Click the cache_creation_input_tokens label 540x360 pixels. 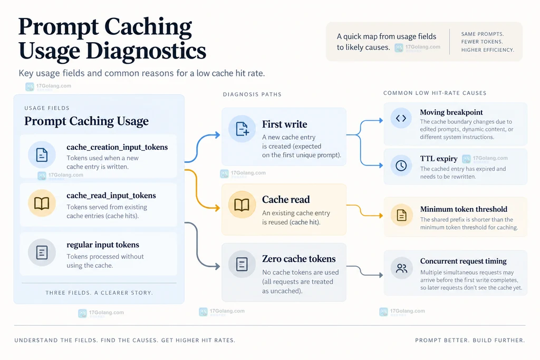click(x=117, y=147)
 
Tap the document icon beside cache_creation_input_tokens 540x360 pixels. click(x=42, y=155)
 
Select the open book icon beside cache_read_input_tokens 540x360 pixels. click(x=42, y=203)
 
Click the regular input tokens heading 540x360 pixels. click(x=103, y=245)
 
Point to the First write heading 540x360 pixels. click(x=284, y=124)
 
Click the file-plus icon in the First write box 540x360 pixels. click(x=242, y=129)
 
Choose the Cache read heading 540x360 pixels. click(x=286, y=199)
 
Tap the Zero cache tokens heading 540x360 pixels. click(x=299, y=259)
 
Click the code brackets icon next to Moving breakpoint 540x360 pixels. click(x=401, y=119)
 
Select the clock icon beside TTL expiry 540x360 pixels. click(x=401, y=166)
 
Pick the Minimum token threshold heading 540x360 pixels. click(x=464, y=209)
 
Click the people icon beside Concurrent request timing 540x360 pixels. click(x=401, y=268)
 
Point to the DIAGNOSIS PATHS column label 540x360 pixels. click(x=252, y=94)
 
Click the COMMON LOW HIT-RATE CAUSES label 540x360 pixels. click(x=435, y=93)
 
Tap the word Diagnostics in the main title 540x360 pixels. click(x=146, y=51)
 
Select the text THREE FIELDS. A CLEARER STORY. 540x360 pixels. click(x=99, y=293)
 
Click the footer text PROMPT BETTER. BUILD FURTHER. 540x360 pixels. click(x=470, y=340)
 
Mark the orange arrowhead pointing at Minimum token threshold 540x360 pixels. click(x=381, y=216)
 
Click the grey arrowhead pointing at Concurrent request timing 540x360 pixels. click(x=381, y=275)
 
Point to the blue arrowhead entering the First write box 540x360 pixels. click(x=218, y=135)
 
